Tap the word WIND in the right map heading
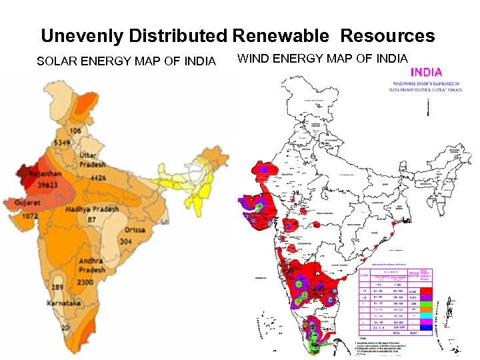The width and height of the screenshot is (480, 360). (x=254, y=59)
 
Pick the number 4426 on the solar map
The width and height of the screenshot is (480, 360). (x=98, y=178)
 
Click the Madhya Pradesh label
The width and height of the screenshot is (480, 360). (x=91, y=209)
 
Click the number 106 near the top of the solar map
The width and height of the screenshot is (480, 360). (x=75, y=131)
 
